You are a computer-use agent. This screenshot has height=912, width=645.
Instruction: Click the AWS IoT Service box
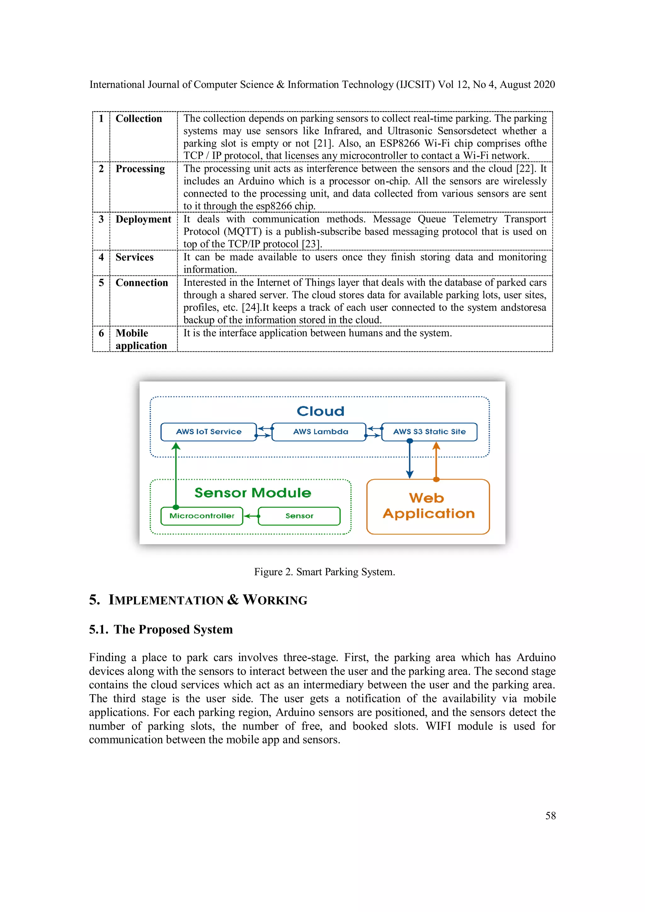pos(208,432)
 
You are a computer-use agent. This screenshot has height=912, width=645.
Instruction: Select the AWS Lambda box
pos(320,432)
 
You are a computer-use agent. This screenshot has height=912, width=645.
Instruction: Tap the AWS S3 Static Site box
pos(429,432)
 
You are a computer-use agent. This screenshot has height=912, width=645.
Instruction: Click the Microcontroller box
pos(202,516)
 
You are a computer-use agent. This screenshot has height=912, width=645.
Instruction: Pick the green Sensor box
pos(299,516)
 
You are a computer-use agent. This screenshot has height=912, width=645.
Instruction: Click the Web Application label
pos(428,506)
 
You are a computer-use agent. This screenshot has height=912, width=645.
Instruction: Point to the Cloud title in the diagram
pos(320,411)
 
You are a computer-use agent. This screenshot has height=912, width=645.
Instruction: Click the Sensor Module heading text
pos(253,493)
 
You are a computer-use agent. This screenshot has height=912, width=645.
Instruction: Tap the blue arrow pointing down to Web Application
pos(410,461)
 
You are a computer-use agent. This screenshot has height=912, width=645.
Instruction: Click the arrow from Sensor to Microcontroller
pos(251,516)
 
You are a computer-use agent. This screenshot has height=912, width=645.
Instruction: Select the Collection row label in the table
pos(139,119)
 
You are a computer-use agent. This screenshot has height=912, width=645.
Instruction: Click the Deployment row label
pos(143,219)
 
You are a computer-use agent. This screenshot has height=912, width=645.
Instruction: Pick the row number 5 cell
pos(101,283)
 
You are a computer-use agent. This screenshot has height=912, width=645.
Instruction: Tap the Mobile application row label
pos(141,339)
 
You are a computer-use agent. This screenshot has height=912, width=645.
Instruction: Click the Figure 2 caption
pos(324,572)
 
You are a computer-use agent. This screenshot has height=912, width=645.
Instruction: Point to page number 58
pos(550,816)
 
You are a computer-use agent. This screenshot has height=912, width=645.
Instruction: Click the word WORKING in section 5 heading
pos(275,600)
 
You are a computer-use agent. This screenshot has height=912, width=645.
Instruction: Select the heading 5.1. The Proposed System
pos(161,630)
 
